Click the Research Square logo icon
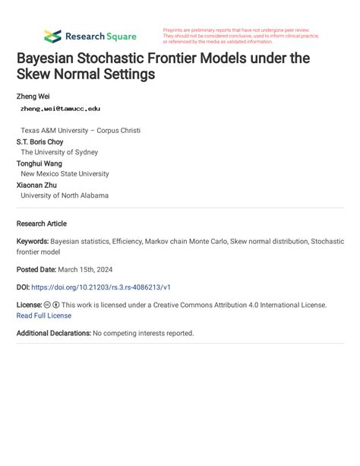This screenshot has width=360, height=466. [52, 36]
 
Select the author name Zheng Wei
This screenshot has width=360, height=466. [33, 97]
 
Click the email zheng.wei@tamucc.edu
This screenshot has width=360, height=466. [60, 109]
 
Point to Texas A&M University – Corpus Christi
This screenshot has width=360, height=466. [81, 131]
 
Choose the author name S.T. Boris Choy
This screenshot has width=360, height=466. [40, 141]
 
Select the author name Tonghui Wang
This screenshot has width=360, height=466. [39, 163]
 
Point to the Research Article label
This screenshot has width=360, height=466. [42, 223]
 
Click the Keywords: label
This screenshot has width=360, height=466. [33, 241]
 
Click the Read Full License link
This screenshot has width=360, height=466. [44, 315]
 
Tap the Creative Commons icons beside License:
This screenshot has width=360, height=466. [52, 305]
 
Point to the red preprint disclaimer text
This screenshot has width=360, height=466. [240, 36]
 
